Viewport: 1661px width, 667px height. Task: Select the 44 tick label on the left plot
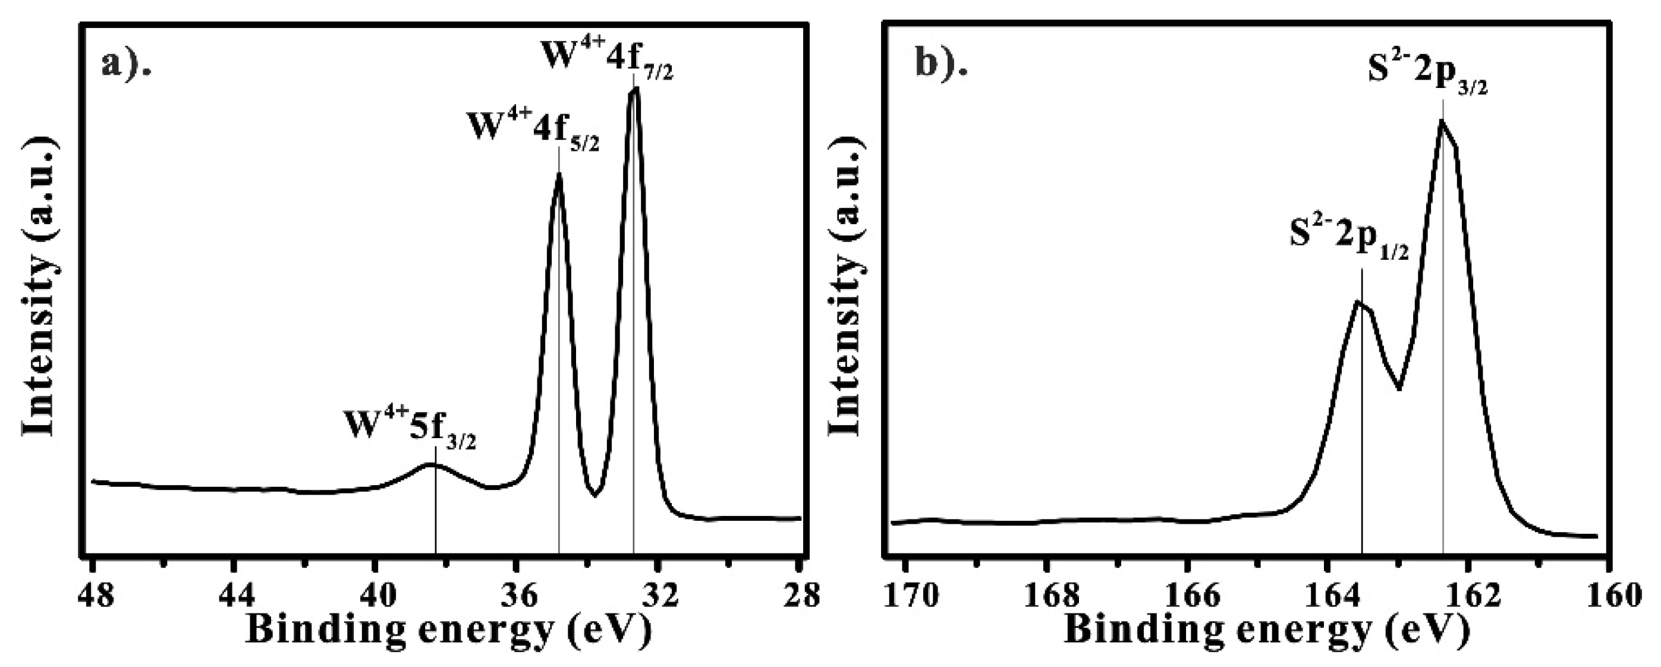(235, 594)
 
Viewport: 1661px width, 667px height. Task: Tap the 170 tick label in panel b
(907, 594)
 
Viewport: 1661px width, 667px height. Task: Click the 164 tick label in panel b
(1327, 594)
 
